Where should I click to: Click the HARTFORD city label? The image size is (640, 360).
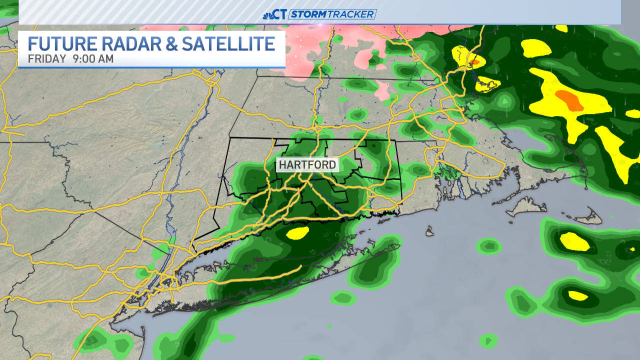pos(307,164)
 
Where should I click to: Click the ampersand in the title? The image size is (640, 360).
pos(171,44)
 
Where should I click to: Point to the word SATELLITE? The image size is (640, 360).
pos(228,44)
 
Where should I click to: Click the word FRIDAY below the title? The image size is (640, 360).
pos(47,59)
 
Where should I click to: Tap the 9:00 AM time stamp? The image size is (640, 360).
pos(93,59)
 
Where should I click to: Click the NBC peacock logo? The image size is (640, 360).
pos(268,14)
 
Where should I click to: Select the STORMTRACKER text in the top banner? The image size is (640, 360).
pos(332,14)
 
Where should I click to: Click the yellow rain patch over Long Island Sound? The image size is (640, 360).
pos(298,232)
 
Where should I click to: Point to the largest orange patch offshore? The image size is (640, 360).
pos(570,100)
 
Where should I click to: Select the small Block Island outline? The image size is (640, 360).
pos(429,231)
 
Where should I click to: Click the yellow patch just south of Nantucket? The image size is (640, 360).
pos(574,241)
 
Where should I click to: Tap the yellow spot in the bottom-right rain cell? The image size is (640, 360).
pos(577,295)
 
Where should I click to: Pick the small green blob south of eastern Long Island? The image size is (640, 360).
pos(343,298)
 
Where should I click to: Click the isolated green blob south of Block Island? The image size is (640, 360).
pos(488,245)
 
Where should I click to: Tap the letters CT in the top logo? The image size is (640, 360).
pos(281,14)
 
